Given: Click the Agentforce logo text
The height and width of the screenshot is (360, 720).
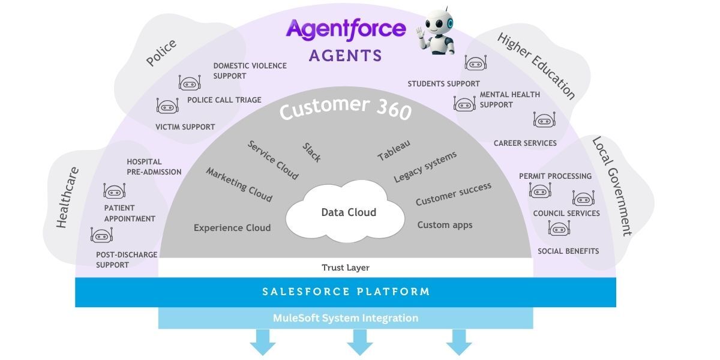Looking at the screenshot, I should pyautogui.click(x=346, y=28).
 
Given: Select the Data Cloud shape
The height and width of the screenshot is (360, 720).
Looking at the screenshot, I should pyautogui.click(x=349, y=212).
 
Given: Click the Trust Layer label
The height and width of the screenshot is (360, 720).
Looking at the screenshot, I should pyautogui.click(x=346, y=268).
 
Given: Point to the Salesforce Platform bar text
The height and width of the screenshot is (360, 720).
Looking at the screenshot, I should pyautogui.click(x=346, y=292).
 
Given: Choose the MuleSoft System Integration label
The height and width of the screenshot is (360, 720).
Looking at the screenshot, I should pyautogui.click(x=346, y=318).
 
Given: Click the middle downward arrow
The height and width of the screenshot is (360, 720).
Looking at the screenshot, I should pyautogui.click(x=360, y=344).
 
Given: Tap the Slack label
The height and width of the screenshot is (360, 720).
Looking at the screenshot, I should pyautogui.click(x=311, y=152).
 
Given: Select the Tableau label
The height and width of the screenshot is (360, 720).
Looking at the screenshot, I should pyautogui.click(x=394, y=150).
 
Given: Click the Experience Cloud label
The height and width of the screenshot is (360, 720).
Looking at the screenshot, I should pyautogui.click(x=232, y=228).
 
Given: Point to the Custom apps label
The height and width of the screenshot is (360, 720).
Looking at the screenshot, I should pyautogui.click(x=445, y=225).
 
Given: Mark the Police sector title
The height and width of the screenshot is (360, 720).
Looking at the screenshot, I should pyautogui.click(x=161, y=53).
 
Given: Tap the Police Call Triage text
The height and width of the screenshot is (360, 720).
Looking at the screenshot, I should pyautogui.click(x=224, y=100).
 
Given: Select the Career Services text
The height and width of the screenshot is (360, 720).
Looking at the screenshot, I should pyautogui.click(x=525, y=143).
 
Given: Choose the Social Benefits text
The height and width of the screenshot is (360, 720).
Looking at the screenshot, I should pyautogui.click(x=568, y=251).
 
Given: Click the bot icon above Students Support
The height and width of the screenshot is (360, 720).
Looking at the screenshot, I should pyautogui.click(x=475, y=63).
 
